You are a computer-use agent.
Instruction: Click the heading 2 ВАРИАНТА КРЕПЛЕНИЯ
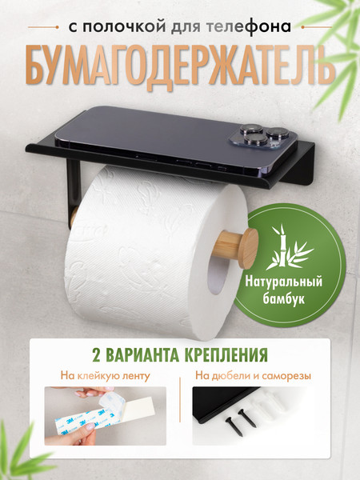179,353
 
